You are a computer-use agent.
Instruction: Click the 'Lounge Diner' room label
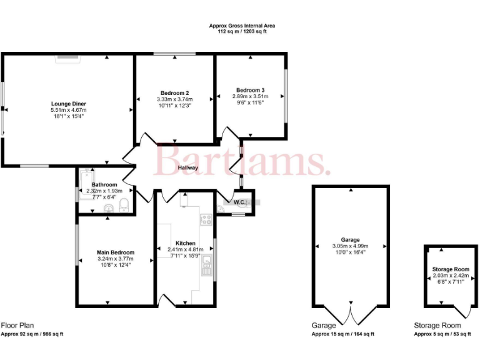pos(69,103)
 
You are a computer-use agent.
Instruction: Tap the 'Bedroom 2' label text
pos(175,92)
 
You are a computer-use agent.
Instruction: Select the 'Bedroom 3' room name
pos(250,89)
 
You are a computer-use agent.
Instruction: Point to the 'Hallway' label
pos(187,167)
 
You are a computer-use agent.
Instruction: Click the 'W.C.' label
pos(239,202)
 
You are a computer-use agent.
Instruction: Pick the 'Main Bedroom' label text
pos(116,252)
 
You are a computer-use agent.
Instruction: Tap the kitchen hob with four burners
pos(205,219)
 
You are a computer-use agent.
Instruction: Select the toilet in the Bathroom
pos(124,204)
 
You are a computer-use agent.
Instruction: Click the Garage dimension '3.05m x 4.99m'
pos(351,246)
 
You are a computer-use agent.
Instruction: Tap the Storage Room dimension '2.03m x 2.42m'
pos(450,275)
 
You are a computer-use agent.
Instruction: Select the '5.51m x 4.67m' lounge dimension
pos(69,110)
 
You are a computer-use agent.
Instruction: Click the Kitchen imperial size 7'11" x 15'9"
pos(185,255)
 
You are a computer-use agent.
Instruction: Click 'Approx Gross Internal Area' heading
pos(242,26)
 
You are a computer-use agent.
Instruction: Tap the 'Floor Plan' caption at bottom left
pos(17,325)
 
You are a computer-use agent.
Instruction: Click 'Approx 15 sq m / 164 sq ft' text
pos(343,334)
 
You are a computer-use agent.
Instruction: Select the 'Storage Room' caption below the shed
pos(437,326)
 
